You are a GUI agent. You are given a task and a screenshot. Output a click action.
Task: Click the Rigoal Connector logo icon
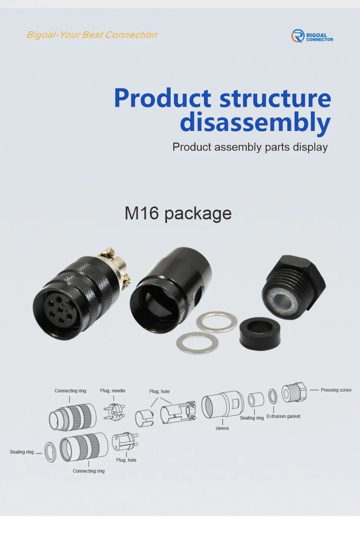[x=297, y=36]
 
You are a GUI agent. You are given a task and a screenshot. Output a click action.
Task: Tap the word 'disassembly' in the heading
[x=255, y=122]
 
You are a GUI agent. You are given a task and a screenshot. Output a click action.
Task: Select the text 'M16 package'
[x=178, y=214]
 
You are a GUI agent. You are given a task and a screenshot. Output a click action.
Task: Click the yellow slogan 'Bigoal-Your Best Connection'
[x=91, y=35]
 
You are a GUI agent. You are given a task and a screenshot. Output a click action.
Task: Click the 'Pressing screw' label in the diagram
[x=336, y=390]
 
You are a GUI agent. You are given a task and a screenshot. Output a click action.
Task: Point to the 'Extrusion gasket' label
[x=283, y=416]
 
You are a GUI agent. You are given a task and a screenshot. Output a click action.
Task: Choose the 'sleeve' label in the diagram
[x=222, y=428]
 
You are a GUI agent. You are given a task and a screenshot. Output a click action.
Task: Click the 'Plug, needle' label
[x=113, y=391]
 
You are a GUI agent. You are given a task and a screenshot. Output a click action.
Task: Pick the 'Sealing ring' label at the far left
[x=22, y=452]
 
